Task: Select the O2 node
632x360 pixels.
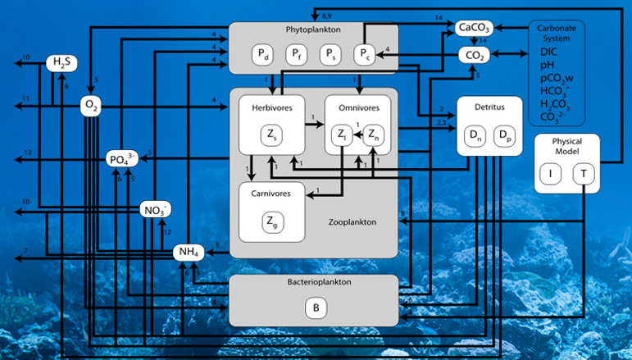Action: (x=90, y=104)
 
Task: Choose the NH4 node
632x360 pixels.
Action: (x=187, y=252)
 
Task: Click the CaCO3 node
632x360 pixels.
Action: (x=473, y=30)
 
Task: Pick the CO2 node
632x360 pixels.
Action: (x=473, y=56)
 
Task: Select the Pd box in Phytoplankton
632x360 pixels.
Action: (x=262, y=55)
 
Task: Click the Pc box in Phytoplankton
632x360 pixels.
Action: (x=364, y=55)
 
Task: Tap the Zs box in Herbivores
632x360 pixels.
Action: (x=271, y=134)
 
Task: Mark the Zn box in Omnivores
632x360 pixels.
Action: (x=372, y=134)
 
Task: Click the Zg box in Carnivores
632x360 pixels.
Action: (x=271, y=220)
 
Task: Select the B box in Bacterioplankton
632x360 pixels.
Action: (x=316, y=308)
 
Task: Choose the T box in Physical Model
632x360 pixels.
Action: (x=584, y=174)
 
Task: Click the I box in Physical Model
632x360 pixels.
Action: (x=552, y=174)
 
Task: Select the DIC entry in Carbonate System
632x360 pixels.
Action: (x=548, y=51)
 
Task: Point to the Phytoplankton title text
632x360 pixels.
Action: (x=314, y=29)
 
